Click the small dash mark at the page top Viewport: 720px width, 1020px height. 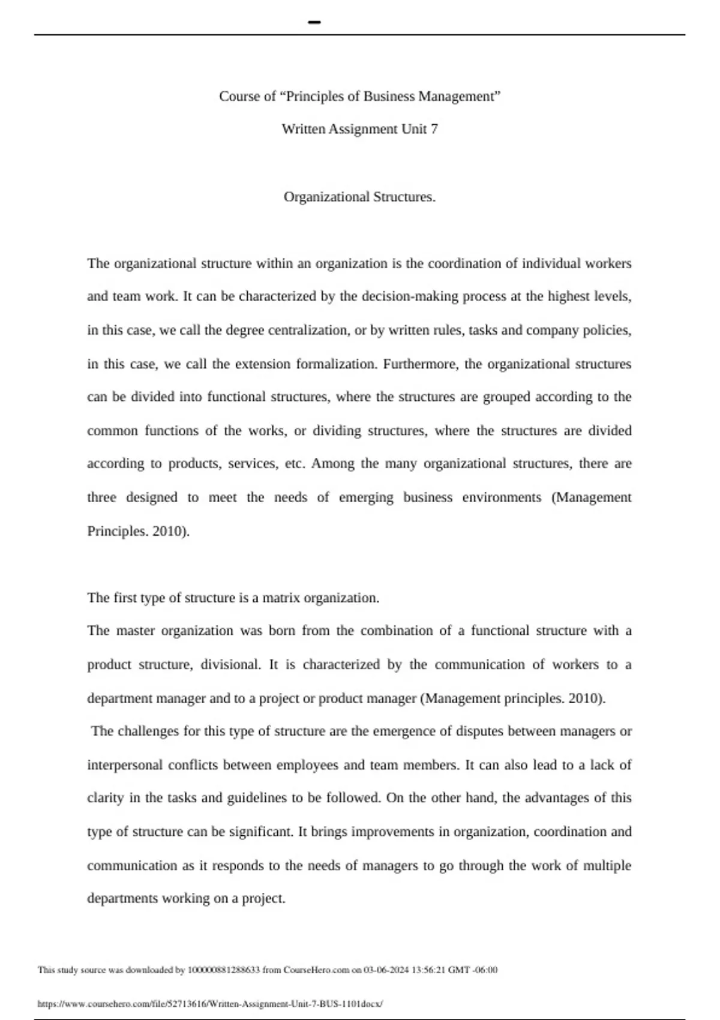(314, 23)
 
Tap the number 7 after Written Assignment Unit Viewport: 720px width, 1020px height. (434, 129)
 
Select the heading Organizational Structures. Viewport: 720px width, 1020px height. (359, 197)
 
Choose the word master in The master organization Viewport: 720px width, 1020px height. (135, 631)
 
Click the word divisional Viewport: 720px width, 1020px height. (230, 664)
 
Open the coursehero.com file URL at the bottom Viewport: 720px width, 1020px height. (210, 1003)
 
